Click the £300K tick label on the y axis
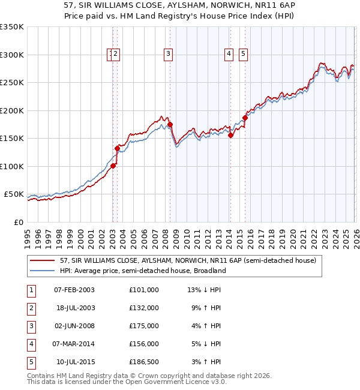point(12,55)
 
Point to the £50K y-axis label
point(13,194)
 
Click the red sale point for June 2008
point(170,124)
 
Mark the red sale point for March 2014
point(230,135)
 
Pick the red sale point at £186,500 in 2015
point(245,118)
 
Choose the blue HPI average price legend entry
point(142,271)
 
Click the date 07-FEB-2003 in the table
point(74,290)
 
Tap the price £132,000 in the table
point(143,308)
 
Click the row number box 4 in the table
point(31,344)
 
